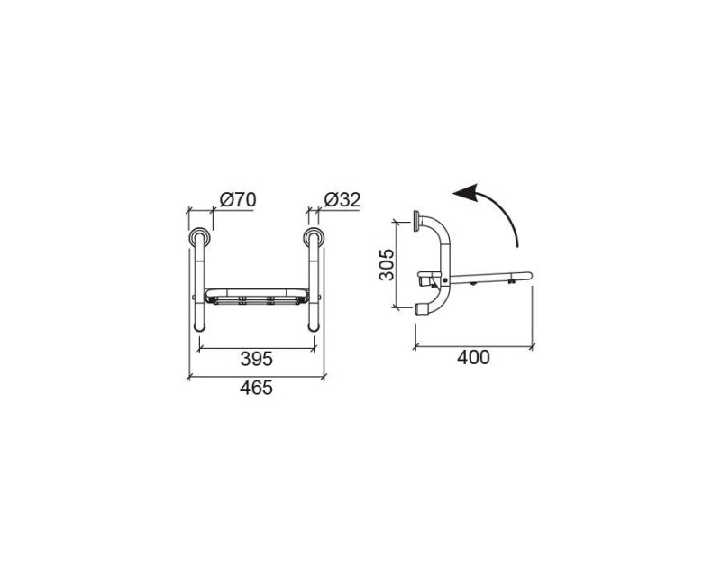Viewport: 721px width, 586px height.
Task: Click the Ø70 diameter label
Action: pyautogui.click(x=238, y=199)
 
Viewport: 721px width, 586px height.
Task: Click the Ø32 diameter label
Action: pyautogui.click(x=342, y=199)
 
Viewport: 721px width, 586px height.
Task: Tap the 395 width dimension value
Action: pyautogui.click(x=257, y=359)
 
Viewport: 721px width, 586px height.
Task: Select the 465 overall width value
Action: pyautogui.click(x=257, y=388)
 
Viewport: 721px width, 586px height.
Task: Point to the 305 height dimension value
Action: pyautogui.click(x=387, y=264)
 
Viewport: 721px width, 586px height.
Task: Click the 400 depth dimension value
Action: pyautogui.click(x=473, y=357)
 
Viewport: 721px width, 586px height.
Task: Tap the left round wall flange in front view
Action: pyautogui.click(x=200, y=238)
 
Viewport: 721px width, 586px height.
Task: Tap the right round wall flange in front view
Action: pyautogui.click(x=314, y=238)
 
